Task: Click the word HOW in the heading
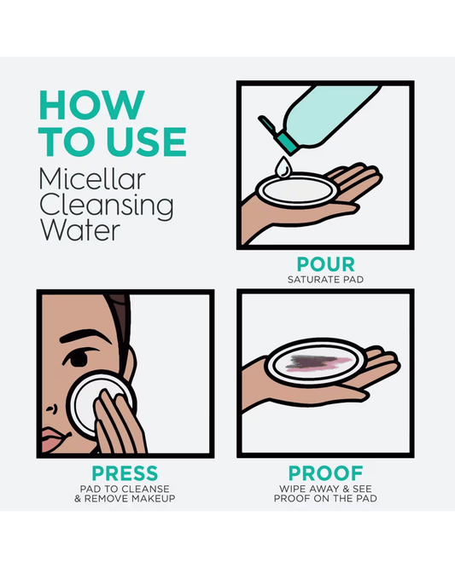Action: pos(91,105)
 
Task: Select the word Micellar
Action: pos(92,179)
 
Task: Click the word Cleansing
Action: pos(107,206)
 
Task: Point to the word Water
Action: pos(79,230)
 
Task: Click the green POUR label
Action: pos(325,264)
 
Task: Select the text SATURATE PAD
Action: pos(325,280)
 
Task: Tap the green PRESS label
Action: pos(125,473)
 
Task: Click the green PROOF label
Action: pos(325,473)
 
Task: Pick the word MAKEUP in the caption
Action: pos(153,499)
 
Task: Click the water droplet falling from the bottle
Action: pos(283,167)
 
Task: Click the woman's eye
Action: pos(78,358)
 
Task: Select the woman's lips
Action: pos(55,440)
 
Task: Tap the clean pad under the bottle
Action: pos(297,190)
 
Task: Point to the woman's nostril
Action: pos(52,409)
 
